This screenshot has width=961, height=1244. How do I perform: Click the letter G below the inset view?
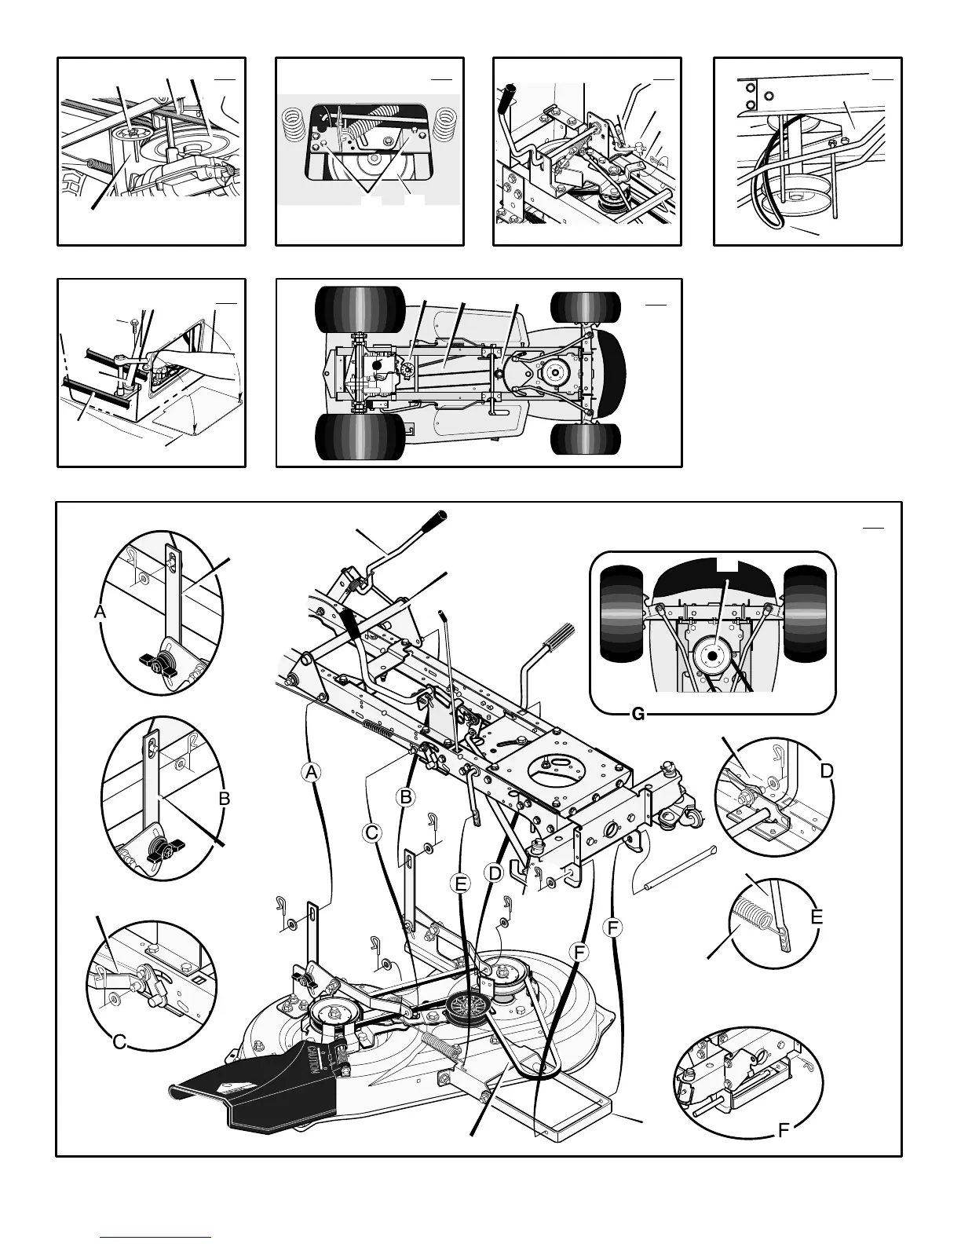(638, 714)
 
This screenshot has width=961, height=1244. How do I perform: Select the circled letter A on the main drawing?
(312, 772)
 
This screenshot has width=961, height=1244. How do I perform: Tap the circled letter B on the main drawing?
(406, 796)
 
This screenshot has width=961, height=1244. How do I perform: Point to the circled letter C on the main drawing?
(372, 832)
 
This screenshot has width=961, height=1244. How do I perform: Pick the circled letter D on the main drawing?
(494, 873)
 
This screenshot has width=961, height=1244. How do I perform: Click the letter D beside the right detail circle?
(827, 771)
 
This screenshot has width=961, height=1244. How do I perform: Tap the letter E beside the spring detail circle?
(817, 917)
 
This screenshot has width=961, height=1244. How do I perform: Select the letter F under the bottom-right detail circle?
(783, 1132)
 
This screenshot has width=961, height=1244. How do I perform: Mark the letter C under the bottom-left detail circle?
(119, 1042)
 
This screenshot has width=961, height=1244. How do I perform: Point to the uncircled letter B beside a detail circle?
(224, 799)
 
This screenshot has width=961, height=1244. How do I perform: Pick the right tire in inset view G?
(805, 613)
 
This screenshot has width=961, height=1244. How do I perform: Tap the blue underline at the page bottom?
(156, 1237)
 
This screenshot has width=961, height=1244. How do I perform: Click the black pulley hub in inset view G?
(711, 655)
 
